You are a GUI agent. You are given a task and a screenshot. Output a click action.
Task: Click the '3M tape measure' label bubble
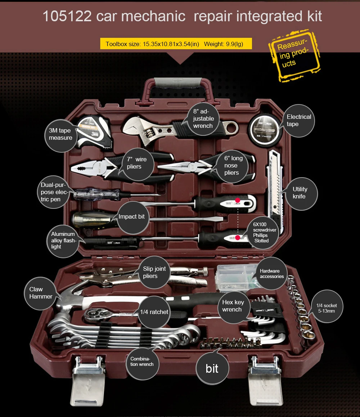pyautogui.click(x=60, y=136)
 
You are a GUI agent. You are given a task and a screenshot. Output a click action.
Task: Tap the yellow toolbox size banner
pyautogui.click(x=176, y=44)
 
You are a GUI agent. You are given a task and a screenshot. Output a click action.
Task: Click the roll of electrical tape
pyautogui.click(x=264, y=130)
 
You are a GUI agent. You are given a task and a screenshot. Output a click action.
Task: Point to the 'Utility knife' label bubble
pyautogui.click(x=301, y=194)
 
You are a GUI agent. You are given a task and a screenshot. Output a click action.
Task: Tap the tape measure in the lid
pyautogui.click(x=94, y=132)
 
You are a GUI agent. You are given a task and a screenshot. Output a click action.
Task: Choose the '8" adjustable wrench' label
pyautogui.click(x=203, y=119)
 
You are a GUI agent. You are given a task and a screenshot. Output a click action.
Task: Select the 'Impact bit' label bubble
pyautogui.click(x=133, y=217)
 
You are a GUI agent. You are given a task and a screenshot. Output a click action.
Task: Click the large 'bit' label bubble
pyautogui.click(x=212, y=368)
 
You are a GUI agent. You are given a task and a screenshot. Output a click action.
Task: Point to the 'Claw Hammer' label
pyautogui.click(x=41, y=293)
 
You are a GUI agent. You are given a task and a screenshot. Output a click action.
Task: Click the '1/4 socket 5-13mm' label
pyautogui.click(x=327, y=306)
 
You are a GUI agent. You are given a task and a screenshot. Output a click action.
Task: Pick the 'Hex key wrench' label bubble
pyautogui.click(x=233, y=307)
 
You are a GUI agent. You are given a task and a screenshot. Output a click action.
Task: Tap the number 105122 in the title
pyautogui.click(x=67, y=16)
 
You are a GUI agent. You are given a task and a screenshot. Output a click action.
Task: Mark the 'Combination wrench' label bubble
pyautogui.click(x=142, y=363)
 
